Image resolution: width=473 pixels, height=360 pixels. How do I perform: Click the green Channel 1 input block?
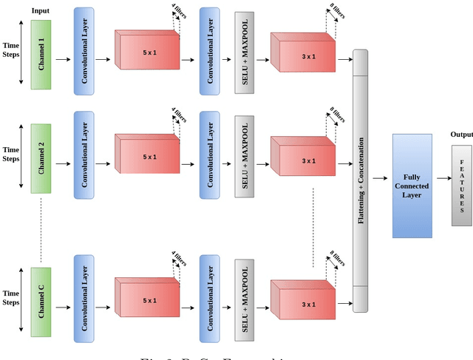[x=41, y=55]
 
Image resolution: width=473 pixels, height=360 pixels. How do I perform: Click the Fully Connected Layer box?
[x=412, y=186]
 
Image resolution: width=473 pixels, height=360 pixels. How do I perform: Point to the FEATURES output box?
[x=461, y=186]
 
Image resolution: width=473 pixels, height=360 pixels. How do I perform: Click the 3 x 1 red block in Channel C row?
[x=302, y=304]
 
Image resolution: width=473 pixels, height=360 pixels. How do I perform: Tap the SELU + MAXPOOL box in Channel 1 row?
[x=244, y=52]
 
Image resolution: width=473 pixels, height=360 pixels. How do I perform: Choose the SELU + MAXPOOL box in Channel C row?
[x=244, y=300]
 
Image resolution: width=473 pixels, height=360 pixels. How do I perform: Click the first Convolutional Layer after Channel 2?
[x=84, y=154]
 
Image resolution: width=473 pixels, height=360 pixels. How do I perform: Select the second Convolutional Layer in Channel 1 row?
[x=210, y=51]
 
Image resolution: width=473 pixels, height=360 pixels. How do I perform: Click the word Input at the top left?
[x=41, y=11]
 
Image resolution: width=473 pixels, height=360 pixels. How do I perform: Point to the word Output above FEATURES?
[x=461, y=134]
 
